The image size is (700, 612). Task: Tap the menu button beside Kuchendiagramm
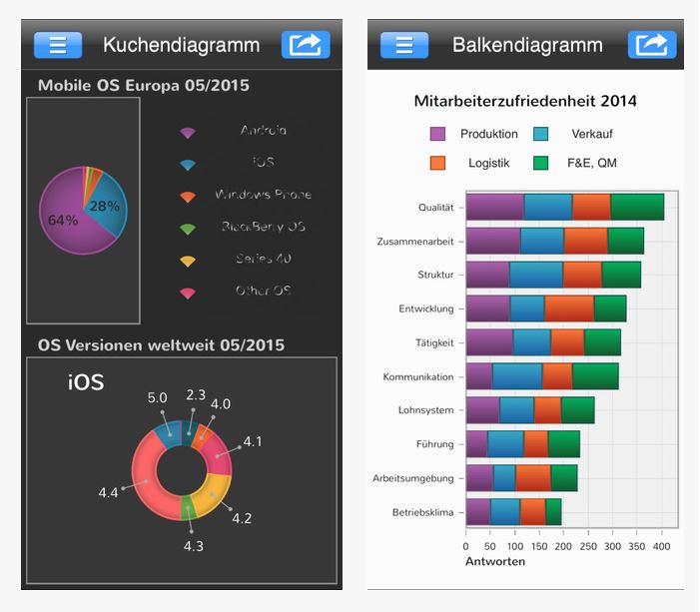coord(58,45)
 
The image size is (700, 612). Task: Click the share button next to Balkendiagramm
coord(652,45)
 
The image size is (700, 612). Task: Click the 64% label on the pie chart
coord(62,221)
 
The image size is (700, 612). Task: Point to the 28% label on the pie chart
coord(105,207)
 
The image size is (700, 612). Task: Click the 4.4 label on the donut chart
coord(108,492)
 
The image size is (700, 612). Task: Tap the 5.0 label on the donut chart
coord(157,397)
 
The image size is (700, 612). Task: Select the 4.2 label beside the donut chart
coord(242,517)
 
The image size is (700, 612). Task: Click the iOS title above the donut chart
coord(86,382)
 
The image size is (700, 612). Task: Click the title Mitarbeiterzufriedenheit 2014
coord(525,101)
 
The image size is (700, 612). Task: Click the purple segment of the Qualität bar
coord(494,207)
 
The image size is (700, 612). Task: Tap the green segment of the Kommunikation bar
coord(595,376)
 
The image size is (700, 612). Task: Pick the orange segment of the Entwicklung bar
coord(569,308)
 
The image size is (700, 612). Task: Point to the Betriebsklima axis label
coord(423,512)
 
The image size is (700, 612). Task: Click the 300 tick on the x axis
coord(612,546)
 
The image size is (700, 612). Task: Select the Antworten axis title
coord(495,561)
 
